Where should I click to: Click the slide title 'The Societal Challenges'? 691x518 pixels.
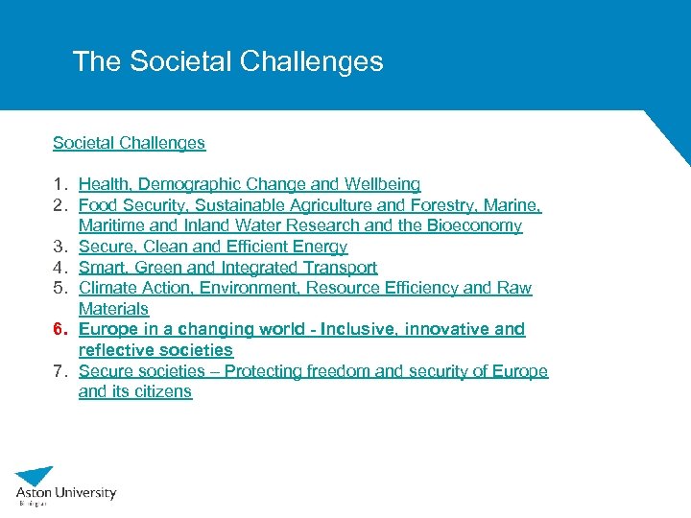coord(227,62)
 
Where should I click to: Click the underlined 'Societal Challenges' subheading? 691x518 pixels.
coord(129,143)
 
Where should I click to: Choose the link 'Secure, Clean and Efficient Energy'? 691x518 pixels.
coord(213,247)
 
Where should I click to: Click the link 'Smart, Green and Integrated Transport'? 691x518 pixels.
coord(227,268)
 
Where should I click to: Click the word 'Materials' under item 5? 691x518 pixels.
coord(113,309)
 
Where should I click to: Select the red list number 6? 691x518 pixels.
coord(59,329)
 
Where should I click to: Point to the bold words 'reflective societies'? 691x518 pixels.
coord(155,350)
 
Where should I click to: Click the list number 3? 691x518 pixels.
coord(59,247)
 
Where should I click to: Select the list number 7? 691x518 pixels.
coord(59,371)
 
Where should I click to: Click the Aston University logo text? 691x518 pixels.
coord(65,493)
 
